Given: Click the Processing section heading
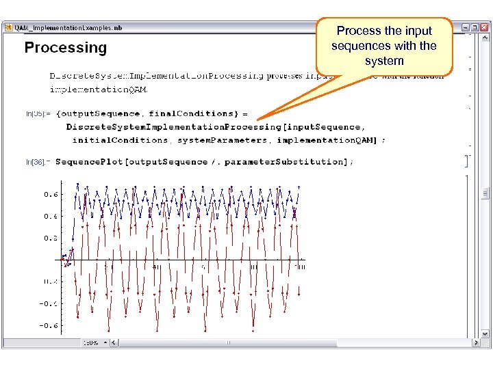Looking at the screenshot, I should point(66,48).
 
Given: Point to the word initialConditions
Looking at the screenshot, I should point(121,140).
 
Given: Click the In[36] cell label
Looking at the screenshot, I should point(36,162).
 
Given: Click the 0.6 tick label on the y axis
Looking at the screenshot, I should point(51,194).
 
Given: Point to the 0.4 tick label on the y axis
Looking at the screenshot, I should point(51,216).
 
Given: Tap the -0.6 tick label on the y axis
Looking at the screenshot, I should point(49,325).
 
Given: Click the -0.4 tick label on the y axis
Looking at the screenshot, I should point(49,303).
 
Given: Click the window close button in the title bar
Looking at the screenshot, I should point(485,27).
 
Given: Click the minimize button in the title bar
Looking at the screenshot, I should point(465,27).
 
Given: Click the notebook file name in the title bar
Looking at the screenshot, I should point(68,27).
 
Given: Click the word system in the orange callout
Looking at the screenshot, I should point(384,61).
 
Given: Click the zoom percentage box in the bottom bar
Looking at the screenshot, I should point(92,342).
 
